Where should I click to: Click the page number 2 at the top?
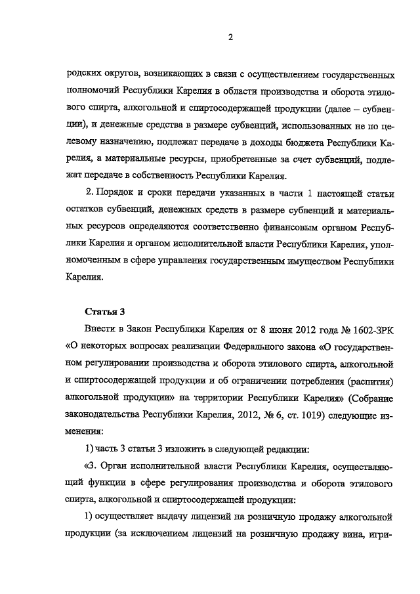pos(230,37)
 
